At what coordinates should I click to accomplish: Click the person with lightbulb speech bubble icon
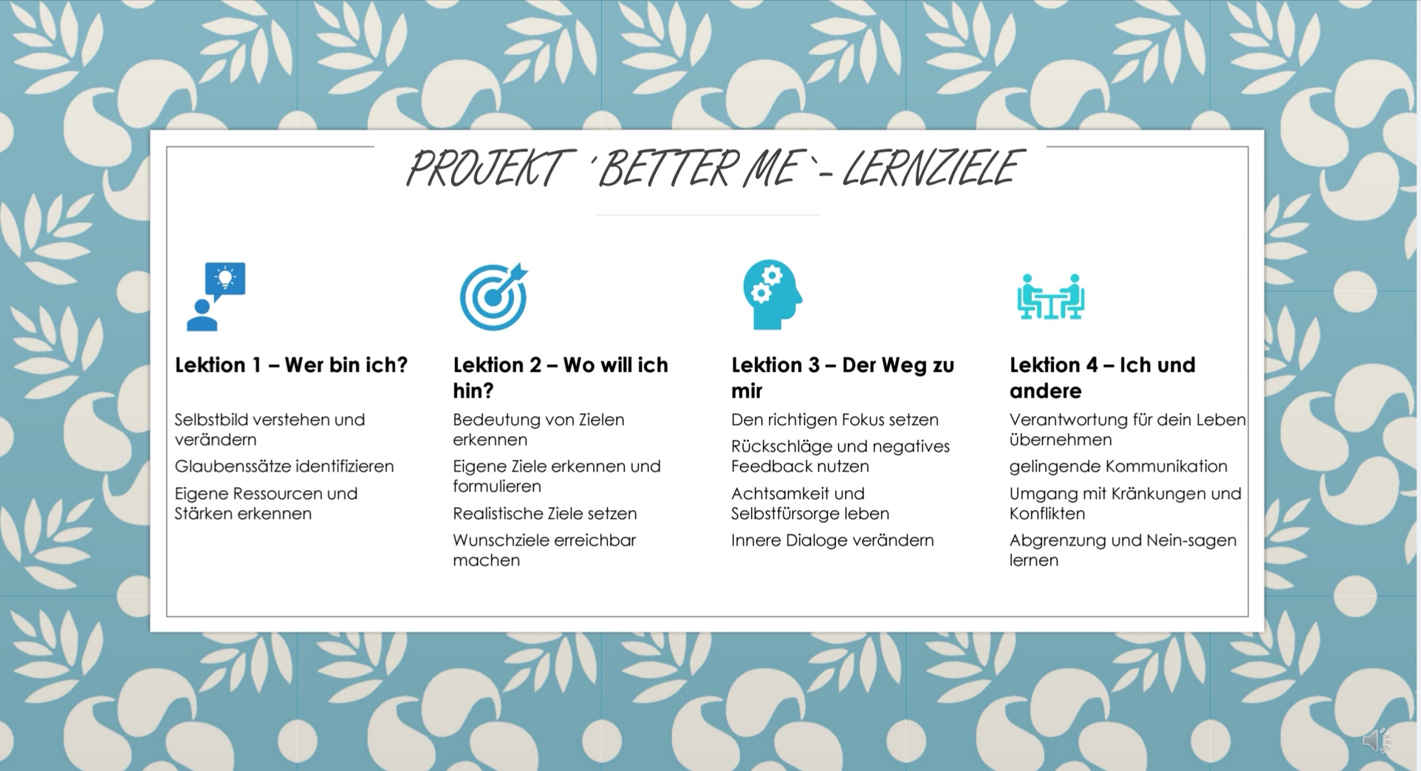tap(216, 296)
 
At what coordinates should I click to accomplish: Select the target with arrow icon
tap(494, 296)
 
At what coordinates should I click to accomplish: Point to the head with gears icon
tap(773, 295)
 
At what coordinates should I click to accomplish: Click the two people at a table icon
tap(1051, 296)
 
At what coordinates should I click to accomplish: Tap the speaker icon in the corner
tap(1376, 740)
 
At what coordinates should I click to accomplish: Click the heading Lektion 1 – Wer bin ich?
tap(291, 365)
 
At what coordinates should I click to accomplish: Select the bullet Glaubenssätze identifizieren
tap(284, 466)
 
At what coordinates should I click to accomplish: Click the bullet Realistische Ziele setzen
tap(545, 514)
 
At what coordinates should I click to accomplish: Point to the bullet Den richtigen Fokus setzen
tap(835, 420)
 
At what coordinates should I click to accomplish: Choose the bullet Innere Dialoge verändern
tap(832, 540)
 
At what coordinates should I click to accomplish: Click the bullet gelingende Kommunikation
tap(1118, 466)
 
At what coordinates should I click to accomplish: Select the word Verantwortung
tap(1068, 420)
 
